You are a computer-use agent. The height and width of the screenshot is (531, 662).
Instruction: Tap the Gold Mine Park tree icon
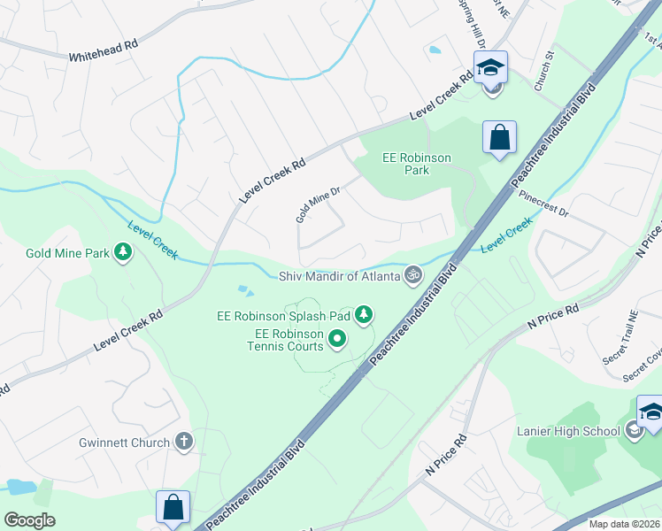[124, 254]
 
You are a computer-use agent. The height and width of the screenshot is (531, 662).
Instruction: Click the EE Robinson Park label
[417, 164]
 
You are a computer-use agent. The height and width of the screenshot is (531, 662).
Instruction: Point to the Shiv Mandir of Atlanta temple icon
[411, 276]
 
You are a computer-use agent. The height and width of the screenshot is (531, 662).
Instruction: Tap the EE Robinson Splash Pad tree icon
[363, 314]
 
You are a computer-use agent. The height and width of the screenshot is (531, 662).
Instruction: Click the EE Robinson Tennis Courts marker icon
[336, 339]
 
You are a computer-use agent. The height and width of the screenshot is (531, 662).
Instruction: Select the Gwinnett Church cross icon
[184, 441]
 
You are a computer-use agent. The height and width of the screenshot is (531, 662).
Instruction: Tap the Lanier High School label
[568, 431]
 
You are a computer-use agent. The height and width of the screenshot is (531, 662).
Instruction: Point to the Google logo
[30, 520]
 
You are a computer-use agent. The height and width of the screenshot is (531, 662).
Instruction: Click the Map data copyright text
[625, 524]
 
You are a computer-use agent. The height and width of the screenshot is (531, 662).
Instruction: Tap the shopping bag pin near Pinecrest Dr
[499, 138]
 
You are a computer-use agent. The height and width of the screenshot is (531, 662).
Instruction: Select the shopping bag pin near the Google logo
[173, 508]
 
